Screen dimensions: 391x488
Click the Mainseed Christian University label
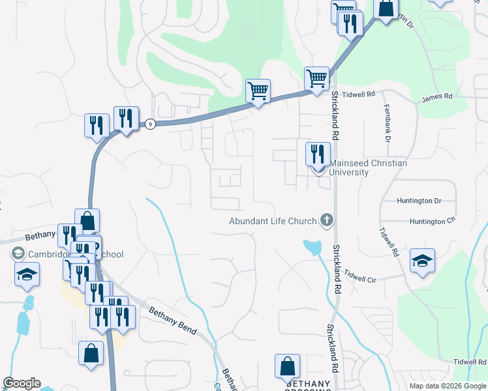(x=368, y=168)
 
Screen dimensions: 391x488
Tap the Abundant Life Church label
(x=273, y=221)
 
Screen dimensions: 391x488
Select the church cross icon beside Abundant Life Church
(x=326, y=221)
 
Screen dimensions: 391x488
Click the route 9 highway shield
(x=151, y=124)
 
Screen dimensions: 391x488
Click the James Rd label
(x=436, y=97)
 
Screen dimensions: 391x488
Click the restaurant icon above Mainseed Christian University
(x=318, y=154)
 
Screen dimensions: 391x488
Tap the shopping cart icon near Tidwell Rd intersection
(x=316, y=78)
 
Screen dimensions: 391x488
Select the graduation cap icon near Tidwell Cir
(x=422, y=262)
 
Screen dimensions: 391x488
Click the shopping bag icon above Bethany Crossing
(x=287, y=366)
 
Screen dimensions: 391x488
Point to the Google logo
(x=22, y=383)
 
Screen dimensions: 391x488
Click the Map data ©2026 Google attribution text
(x=447, y=386)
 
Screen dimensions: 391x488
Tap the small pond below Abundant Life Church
(x=313, y=247)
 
